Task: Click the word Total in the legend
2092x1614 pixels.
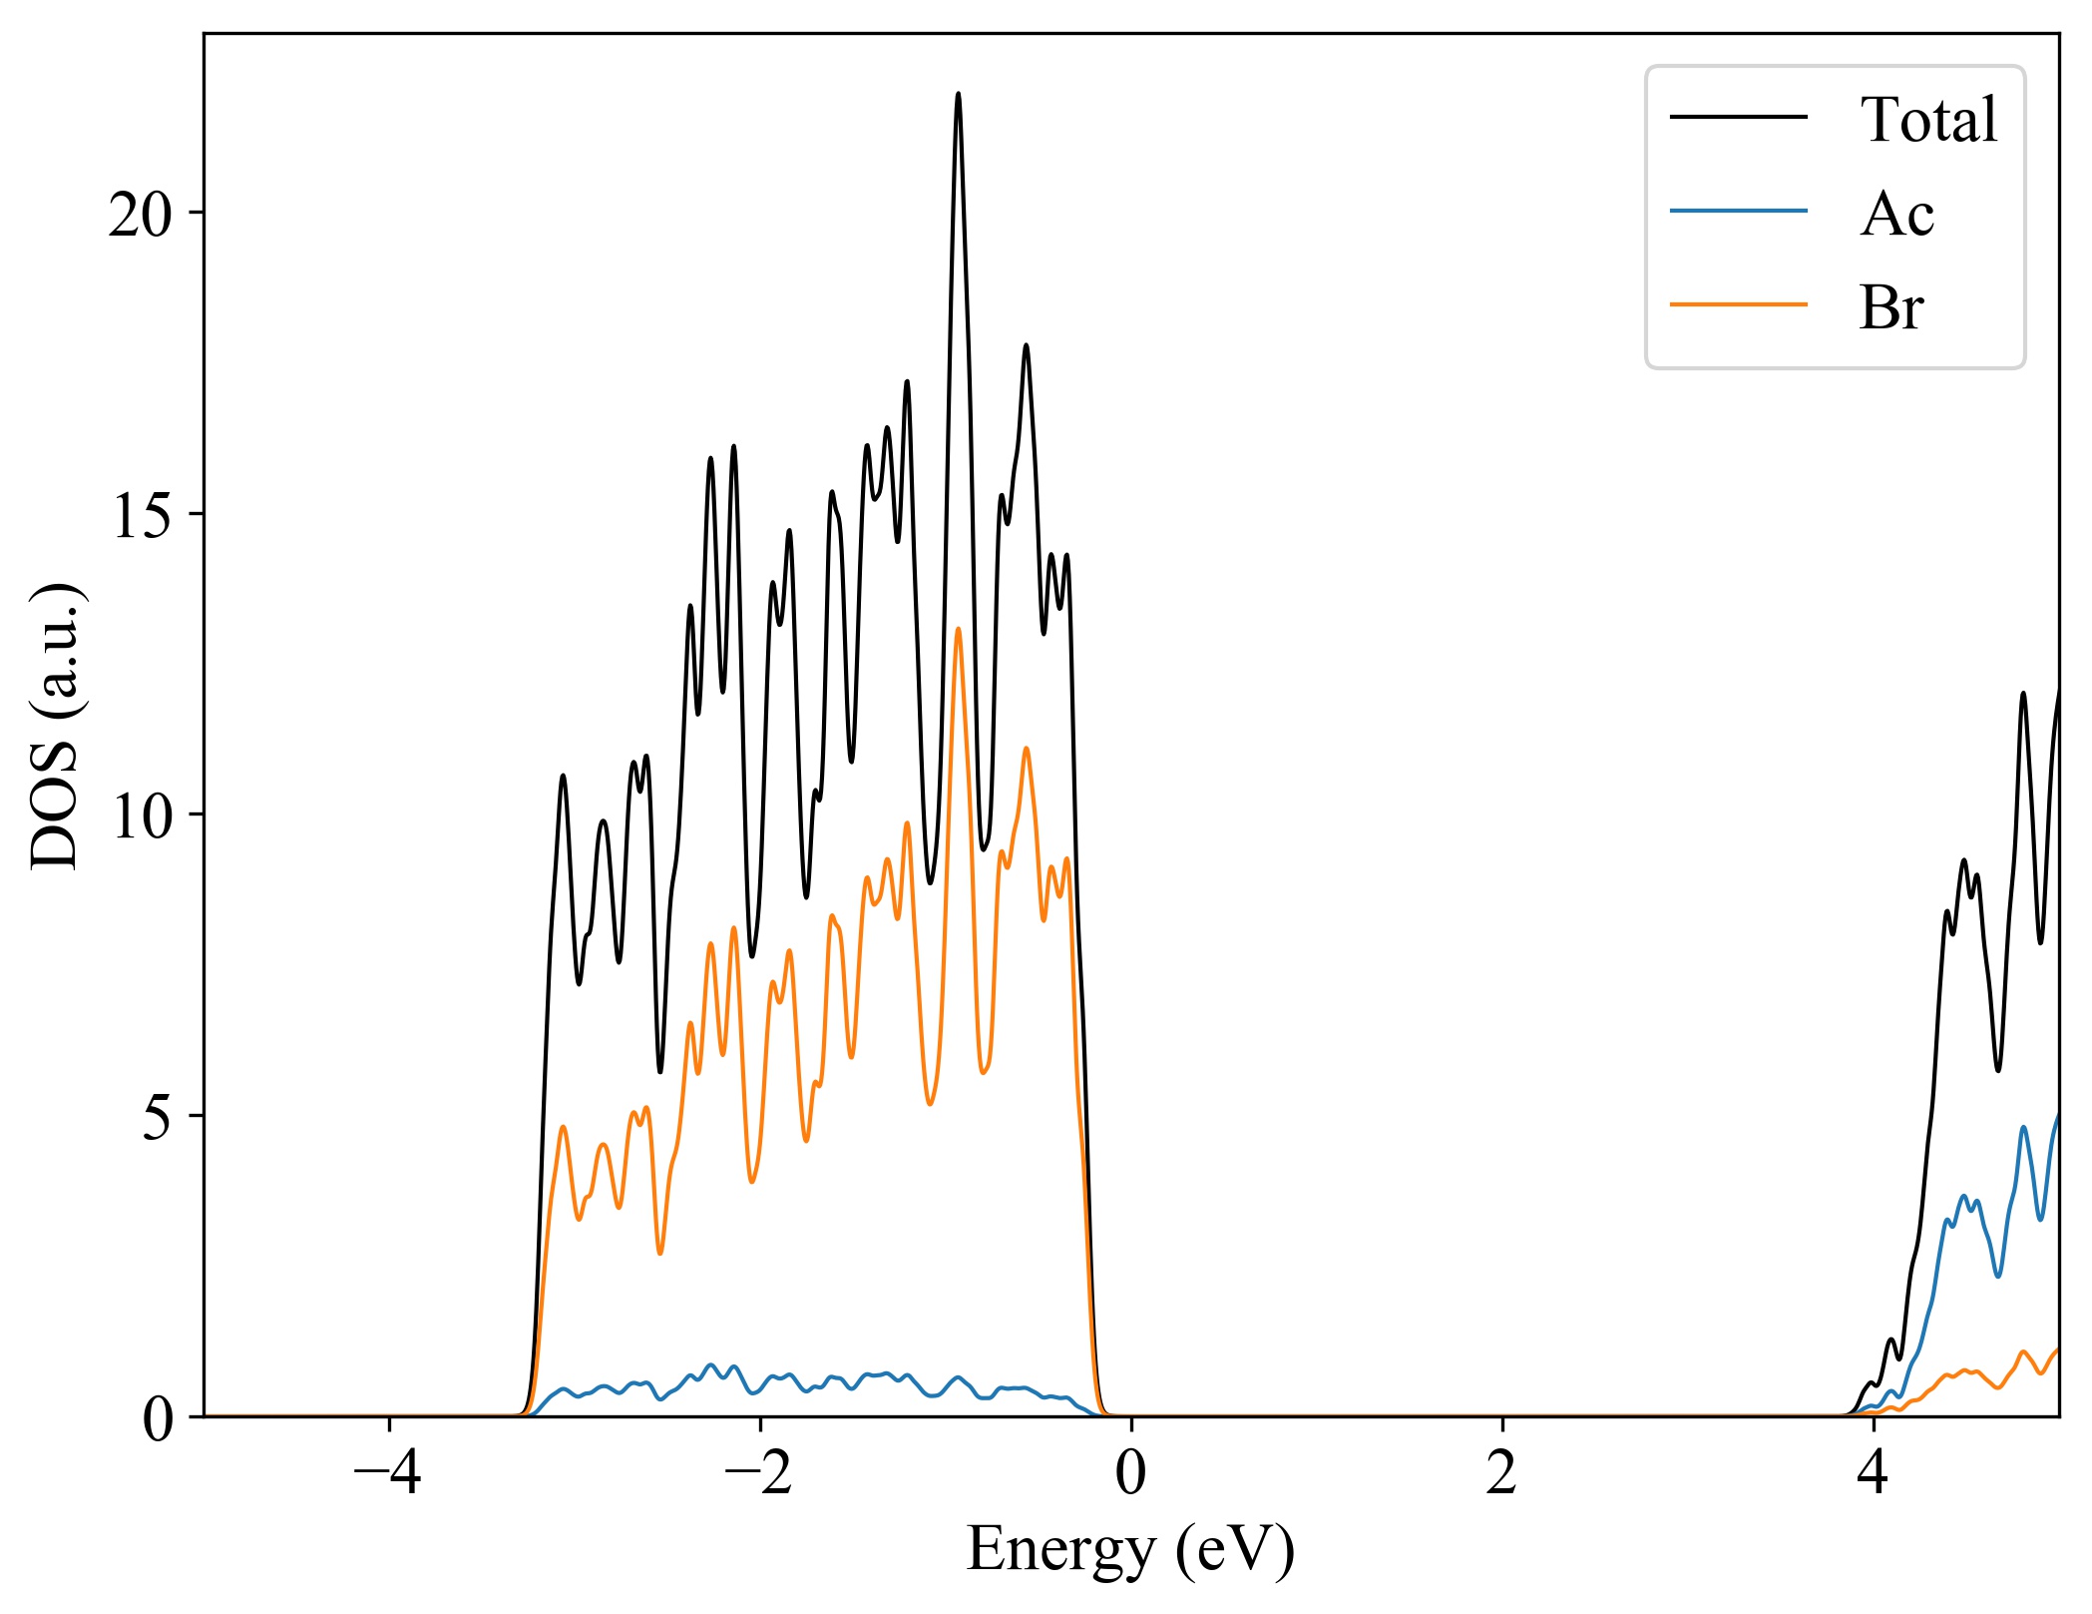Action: point(1927,120)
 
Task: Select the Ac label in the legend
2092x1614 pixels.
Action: point(1895,214)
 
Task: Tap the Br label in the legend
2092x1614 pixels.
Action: point(1889,307)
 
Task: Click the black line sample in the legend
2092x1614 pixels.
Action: point(1738,117)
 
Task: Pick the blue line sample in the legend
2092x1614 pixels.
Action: point(1738,211)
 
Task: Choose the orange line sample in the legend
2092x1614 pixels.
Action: point(1738,303)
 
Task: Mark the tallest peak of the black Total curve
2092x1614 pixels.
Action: point(958,94)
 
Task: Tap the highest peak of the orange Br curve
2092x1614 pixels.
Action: point(958,629)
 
